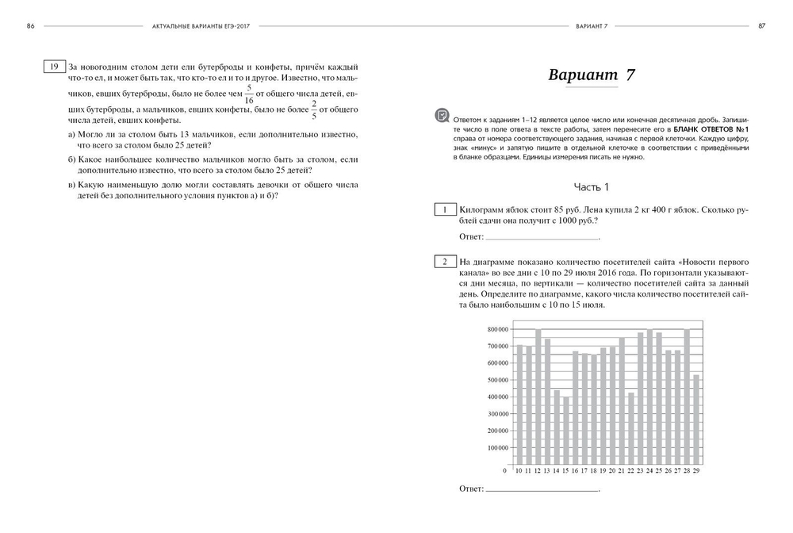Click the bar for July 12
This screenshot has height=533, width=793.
[538, 397]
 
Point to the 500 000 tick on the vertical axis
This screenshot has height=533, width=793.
[498, 380]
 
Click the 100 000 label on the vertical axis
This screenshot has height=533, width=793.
[498, 447]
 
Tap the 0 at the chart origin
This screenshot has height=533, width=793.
[505, 470]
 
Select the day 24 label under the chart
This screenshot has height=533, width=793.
[649, 470]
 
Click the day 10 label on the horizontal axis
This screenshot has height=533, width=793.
[520, 470]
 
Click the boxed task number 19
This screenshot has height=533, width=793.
[54, 67]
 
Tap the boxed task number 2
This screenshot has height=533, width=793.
[445, 261]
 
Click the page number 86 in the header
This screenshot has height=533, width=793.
[30, 25]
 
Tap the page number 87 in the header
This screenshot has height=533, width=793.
[761, 25]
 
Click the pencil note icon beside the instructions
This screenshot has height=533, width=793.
[442, 116]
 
